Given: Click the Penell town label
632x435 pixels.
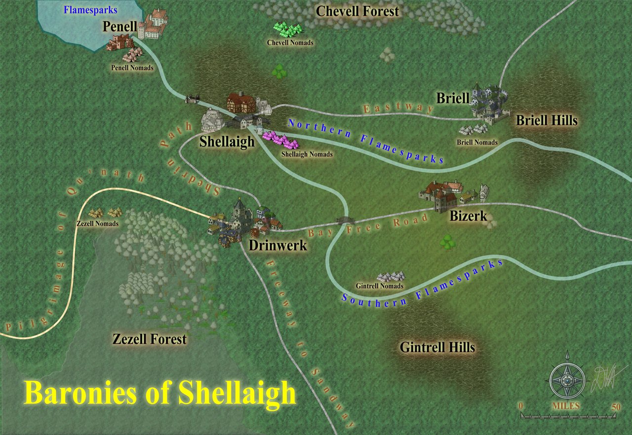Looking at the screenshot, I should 119,27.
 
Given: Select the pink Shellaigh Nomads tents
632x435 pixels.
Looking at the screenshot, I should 281,141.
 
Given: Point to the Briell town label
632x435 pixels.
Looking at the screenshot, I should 452,98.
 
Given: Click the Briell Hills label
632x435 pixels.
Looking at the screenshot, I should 547,120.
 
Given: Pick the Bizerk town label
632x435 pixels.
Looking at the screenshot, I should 468,216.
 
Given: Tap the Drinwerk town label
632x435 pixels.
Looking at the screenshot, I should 278,245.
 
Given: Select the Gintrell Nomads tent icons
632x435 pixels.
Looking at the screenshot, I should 391,277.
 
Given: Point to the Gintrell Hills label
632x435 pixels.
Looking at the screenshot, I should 437,347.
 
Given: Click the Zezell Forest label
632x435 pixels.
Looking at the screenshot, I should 150,339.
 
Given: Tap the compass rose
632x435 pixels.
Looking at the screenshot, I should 567,380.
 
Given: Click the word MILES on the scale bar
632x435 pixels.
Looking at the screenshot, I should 567,406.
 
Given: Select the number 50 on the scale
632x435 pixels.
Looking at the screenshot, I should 615,407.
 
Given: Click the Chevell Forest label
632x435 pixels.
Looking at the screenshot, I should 357,11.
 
